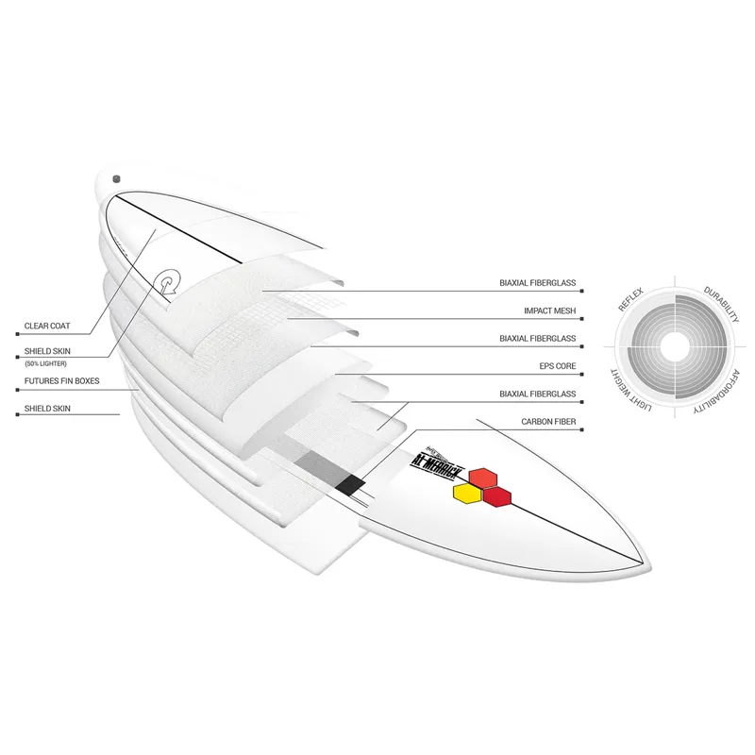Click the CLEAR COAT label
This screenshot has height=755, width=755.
point(46,328)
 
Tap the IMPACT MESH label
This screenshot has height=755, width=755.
point(549,310)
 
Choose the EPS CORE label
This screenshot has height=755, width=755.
point(555,365)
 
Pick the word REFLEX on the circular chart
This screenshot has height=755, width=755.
point(630,301)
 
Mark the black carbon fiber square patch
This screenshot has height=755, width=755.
point(350,486)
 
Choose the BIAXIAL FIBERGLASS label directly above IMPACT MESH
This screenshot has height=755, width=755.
point(537,281)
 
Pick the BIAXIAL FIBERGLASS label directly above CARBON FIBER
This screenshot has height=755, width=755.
point(537,394)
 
